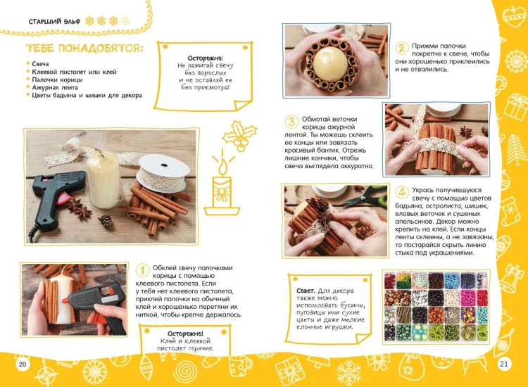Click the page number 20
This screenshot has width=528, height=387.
pyautogui.click(x=23, y=364)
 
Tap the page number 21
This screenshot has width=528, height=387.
pyautogui.click(x=504, y=364)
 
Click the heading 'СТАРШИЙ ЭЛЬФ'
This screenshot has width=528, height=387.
pyautogui.click(x=54, y=22)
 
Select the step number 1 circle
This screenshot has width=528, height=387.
pyautogui.click(x=142, y=270)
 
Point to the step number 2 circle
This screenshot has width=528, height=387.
pyautogui.click(x=402, y=48)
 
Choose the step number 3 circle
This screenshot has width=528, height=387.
pyautogui.click(x=291, y=122)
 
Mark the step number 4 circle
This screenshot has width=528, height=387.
pyautogui.click(x=402, y=193)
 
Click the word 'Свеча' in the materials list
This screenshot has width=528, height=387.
pyautogui.click(x=40, y=64)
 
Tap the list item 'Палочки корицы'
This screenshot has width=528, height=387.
pyautogui.click(x=57, y=80)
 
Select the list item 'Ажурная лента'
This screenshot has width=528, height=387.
pyautogui.click(x=55, y=87)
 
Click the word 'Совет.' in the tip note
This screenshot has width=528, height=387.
pyautogui.click(x=306, y=291)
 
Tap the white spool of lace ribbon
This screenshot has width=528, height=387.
pyautogui.click(x=163, y=172)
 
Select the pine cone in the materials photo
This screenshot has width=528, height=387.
pyautogui.click(x=106, y=221)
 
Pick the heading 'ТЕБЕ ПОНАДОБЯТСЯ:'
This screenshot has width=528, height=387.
pyautogui.click(x=84, y=48)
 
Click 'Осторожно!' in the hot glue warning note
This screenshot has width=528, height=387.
pyautogui.click(x=185, y=334)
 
